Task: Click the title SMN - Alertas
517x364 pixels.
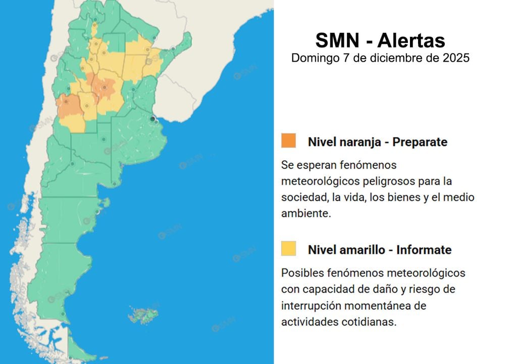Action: [x=380, y=40]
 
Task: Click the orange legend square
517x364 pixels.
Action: [x=289, y=141]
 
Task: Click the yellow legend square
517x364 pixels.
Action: [x=289, y=248]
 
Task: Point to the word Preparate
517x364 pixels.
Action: [x=420, y=142]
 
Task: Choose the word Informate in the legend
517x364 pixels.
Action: [x=424, y=250]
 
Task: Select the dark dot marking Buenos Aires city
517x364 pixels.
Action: [x=152, y=118]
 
